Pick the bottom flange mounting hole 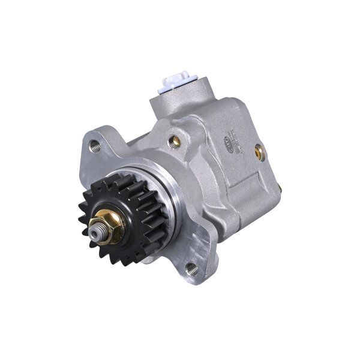tap(191, 268)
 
